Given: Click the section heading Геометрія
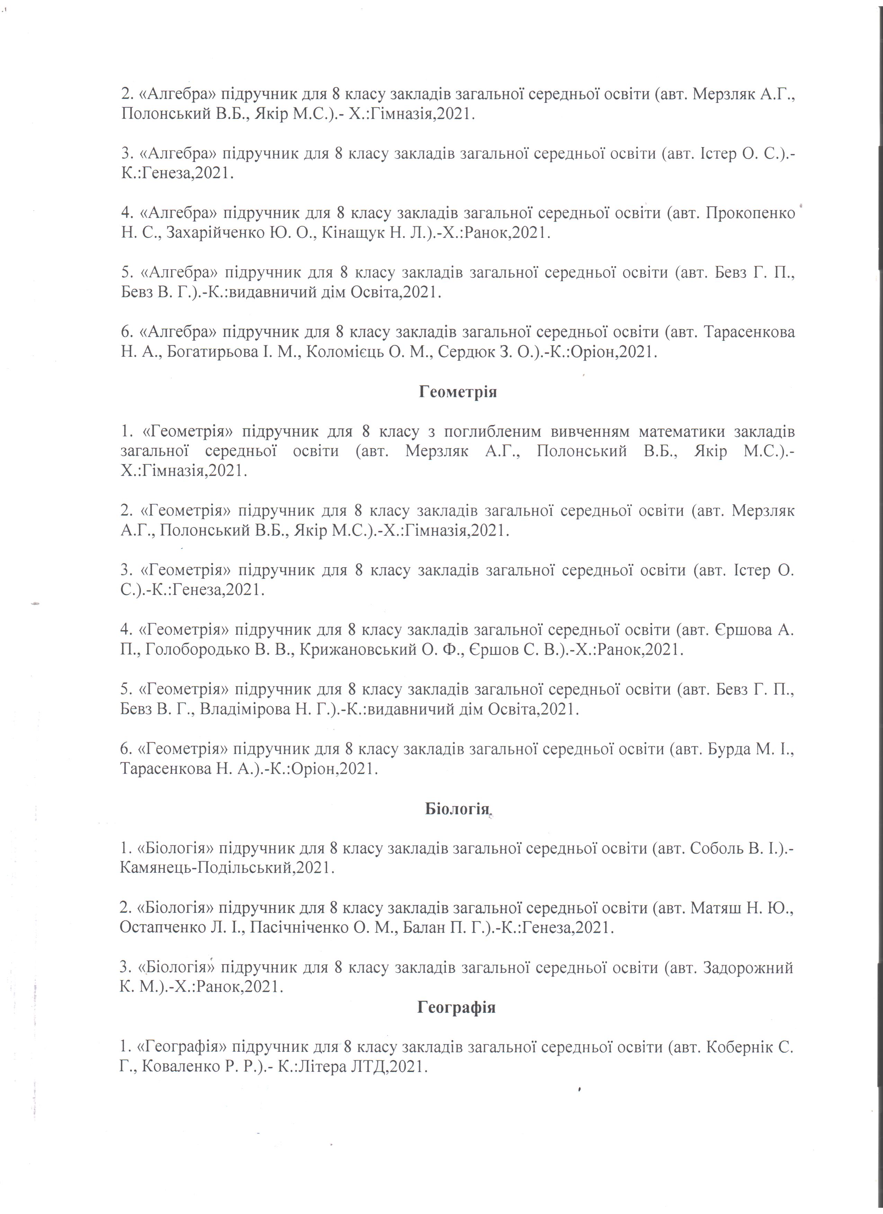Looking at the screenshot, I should tap(457, 392).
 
